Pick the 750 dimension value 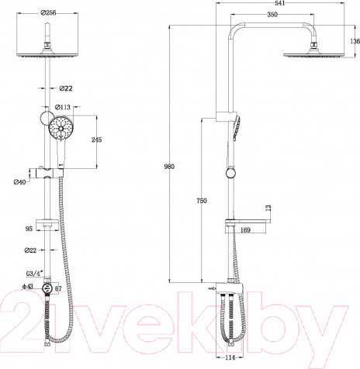[202, 201]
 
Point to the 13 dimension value [268, 208]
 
